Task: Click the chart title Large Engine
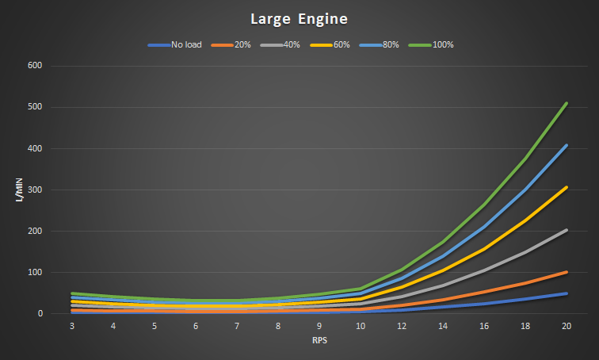pos(299,17)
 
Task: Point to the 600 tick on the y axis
pos(35,66)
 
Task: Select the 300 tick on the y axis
pos(35,190)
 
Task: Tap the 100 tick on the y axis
pos(35,272)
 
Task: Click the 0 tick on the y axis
pos(40,314)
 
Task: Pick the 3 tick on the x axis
pos(73,326)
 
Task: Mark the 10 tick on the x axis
pos(361,326)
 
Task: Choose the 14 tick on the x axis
pos(443,326)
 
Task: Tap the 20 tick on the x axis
pos(566,326)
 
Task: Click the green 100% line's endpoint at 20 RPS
pos(566,103)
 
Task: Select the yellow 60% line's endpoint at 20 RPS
pos(566,187)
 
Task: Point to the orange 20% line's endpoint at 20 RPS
pos(566,272)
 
